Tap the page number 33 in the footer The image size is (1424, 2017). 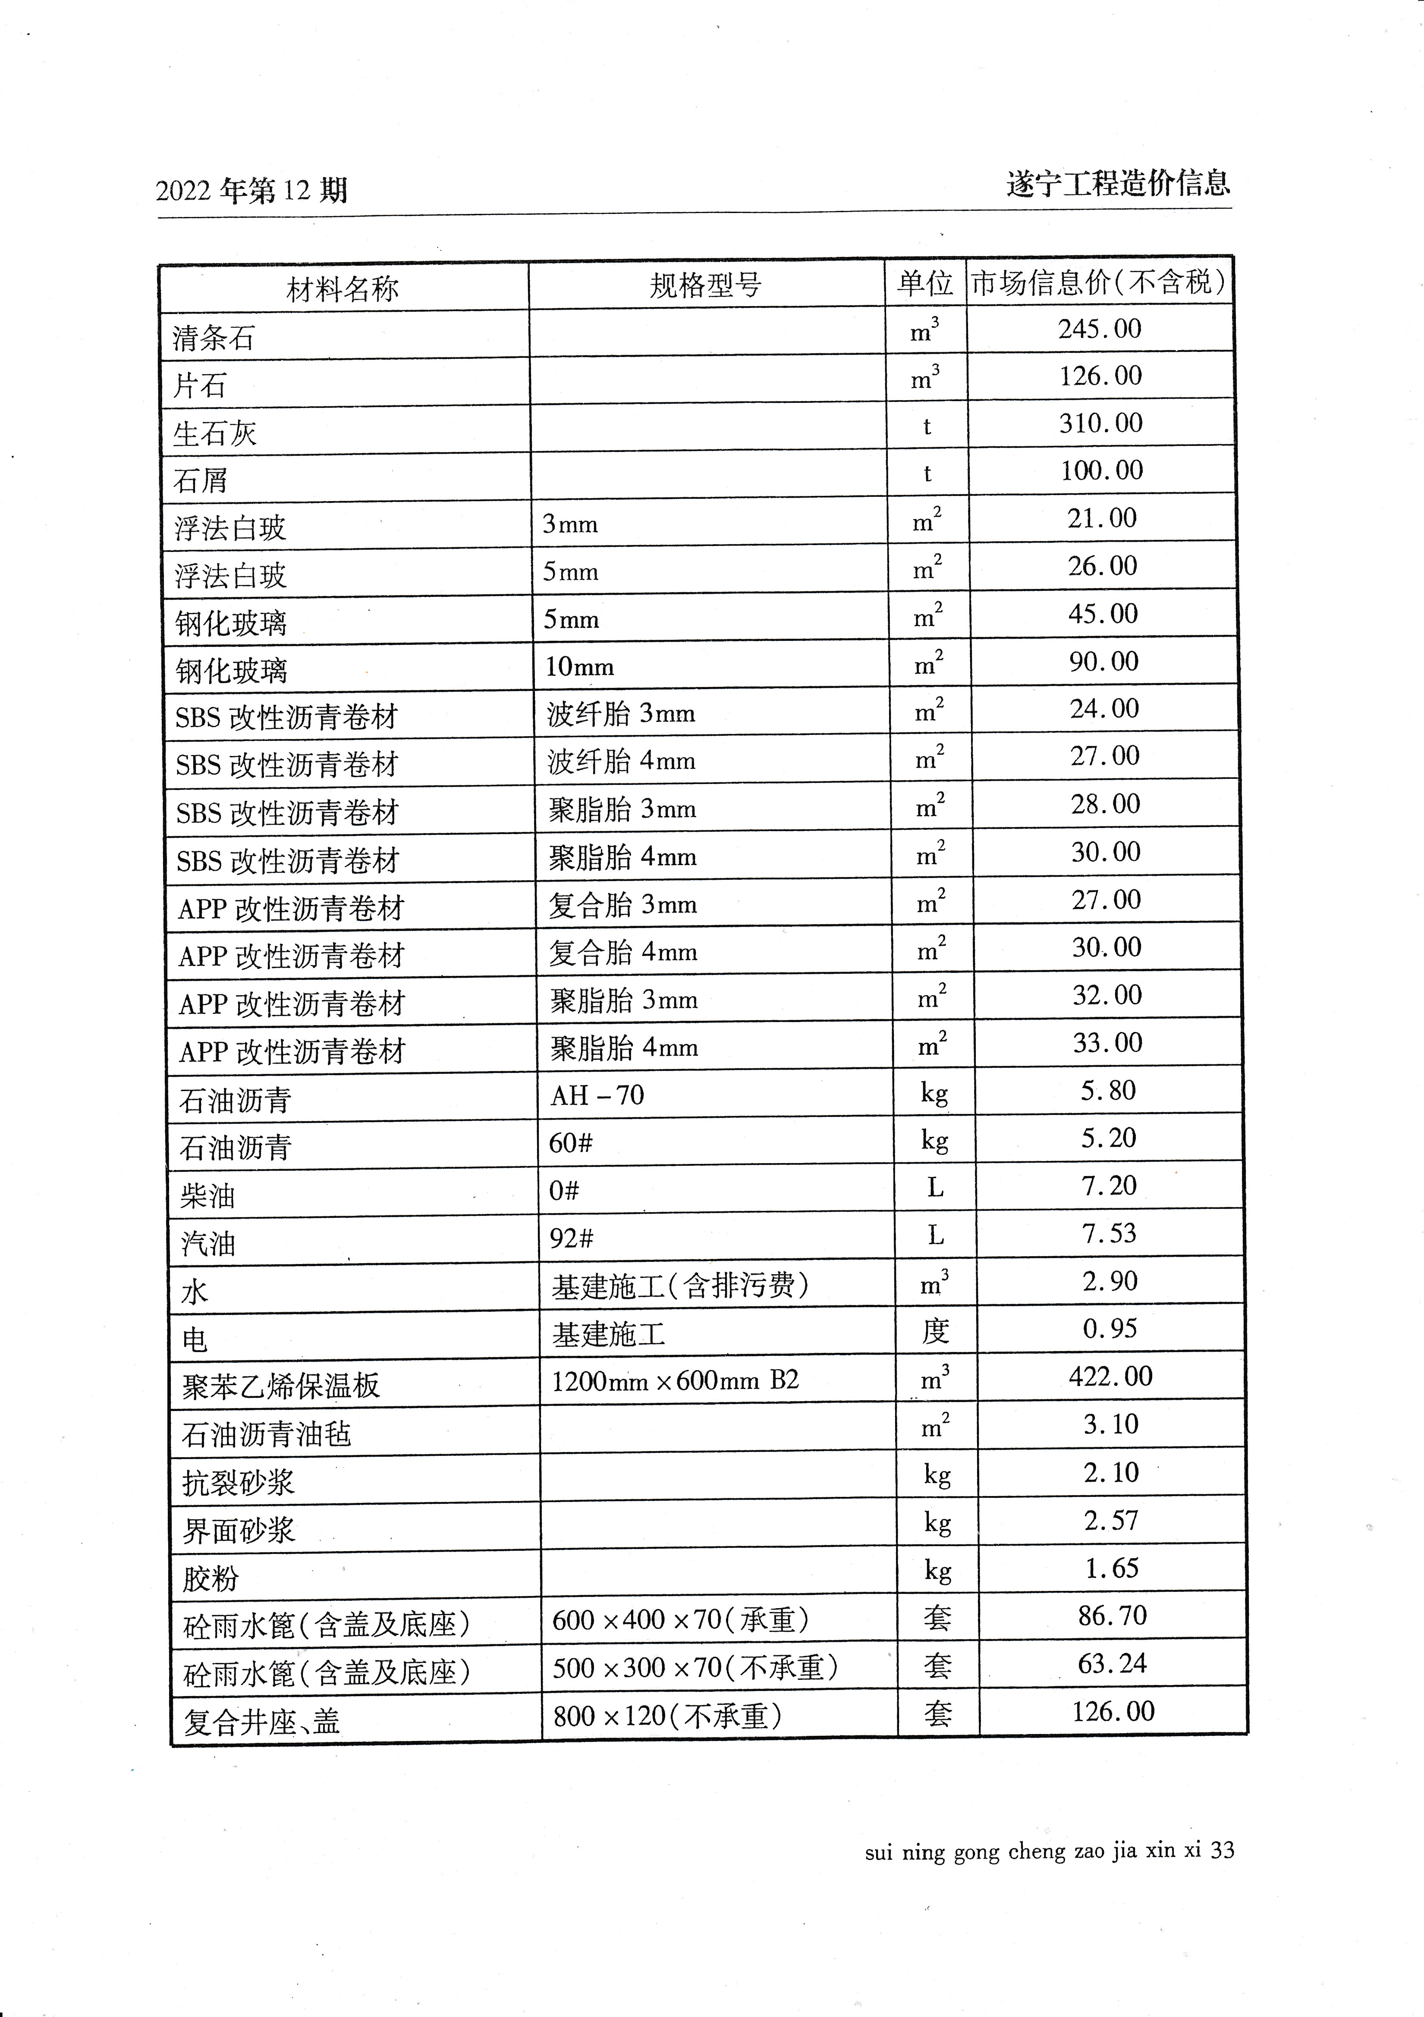(1222, 1851)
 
